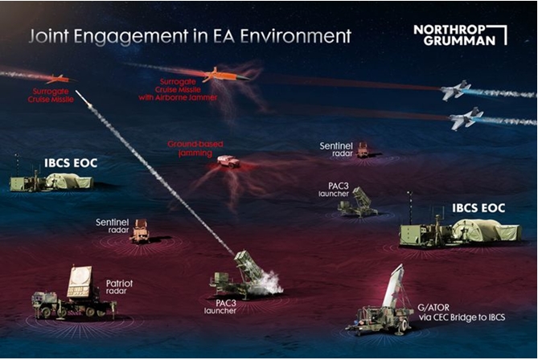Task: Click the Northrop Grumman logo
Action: (460, 34)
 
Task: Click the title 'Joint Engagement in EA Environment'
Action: (190, 36)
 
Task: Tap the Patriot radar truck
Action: (72, 296)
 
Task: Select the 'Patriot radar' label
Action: (119, 288)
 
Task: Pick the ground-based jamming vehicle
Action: (228, 161)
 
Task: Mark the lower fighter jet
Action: (466, 120)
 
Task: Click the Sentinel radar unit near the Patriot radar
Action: (140, 231)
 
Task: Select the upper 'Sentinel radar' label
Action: (336, 150)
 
